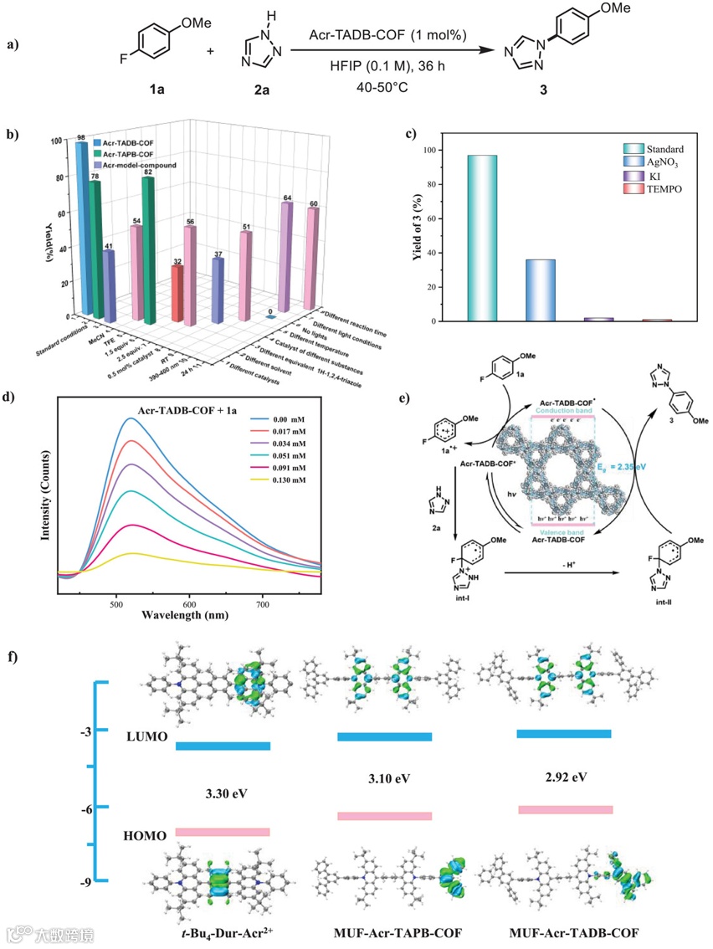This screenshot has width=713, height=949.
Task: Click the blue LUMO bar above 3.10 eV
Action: pos(384,736)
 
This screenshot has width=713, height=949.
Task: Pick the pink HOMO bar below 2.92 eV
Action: pos(565,809)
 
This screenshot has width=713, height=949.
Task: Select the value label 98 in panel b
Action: pos(81,137)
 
